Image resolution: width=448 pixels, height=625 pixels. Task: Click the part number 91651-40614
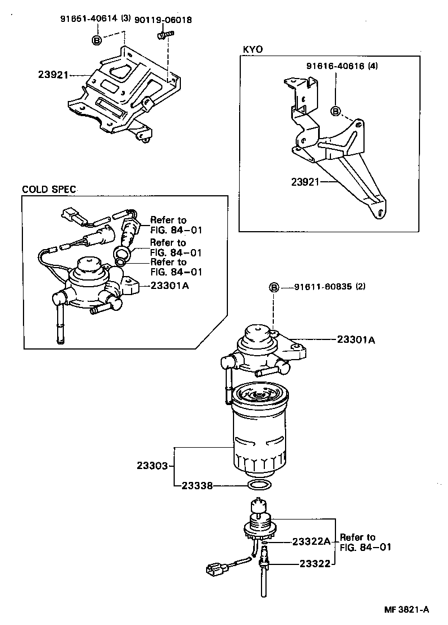[x=89, y=19]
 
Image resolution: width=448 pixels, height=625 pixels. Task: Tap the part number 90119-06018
[x=164, y=20]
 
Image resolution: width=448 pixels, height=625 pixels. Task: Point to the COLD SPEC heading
[x=49, y=189]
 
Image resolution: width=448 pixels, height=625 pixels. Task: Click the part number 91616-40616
[x=335, y=66]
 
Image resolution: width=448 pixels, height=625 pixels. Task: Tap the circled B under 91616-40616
[x=335, y=111]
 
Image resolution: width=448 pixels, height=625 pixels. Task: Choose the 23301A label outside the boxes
[x=356, y=339]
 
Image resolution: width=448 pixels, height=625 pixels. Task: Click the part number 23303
[x=152, y=466]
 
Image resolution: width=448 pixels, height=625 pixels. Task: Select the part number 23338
[x=197, y=486]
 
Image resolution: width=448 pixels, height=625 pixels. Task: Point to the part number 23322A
[x=311, y=541]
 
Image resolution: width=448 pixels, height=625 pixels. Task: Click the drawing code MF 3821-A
[x=406, y=609]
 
